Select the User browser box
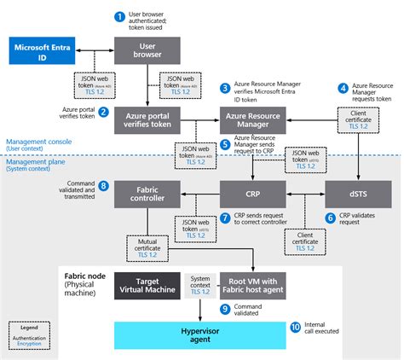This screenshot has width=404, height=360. tap(145, 50)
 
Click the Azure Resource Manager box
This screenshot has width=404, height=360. tap(253, 119)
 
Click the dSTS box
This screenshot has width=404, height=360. tap(356, 193)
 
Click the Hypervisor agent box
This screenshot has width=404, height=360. tap(199, 335)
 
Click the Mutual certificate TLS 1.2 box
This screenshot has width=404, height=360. tap(147, 247)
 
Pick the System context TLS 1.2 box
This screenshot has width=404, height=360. tap(201, 286)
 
